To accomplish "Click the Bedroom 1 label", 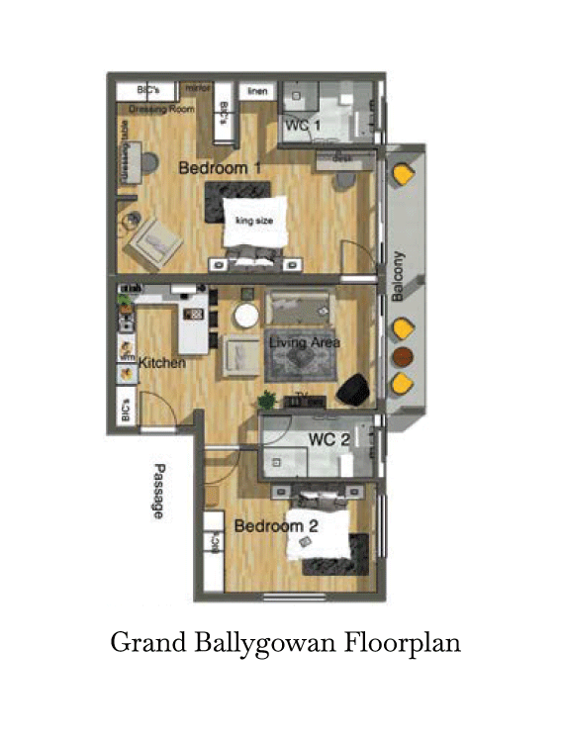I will coord(220,169).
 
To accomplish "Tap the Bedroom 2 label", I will coord(275,526).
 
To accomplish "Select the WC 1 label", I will coord(303,126).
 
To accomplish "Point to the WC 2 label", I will coord(329,439).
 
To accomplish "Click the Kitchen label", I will coord(161,364).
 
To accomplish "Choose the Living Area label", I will coord(305,343).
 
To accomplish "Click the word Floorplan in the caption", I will coord(403,644).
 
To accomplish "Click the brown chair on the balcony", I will coord(401,356).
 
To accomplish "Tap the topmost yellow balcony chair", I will coord(403,175).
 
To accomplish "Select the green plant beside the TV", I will coord(266,400).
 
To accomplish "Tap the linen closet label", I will coord(257,91).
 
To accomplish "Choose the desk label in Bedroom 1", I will coord(342,158).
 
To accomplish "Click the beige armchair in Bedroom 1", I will coord(155,238).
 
